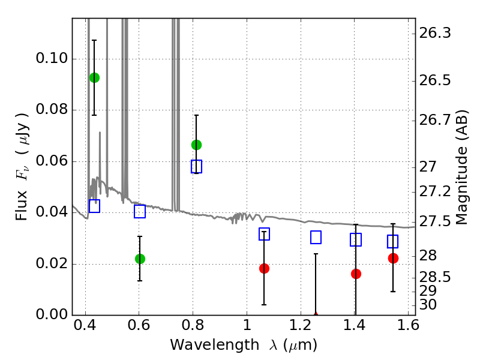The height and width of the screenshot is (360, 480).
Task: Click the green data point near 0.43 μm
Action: pyautogui.click(x=94, y=77)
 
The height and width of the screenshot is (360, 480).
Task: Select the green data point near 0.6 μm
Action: pyautogui.click(x=140, y=259)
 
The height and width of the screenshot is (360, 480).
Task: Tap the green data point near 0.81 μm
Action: pyautogui.click(x=196, y=145)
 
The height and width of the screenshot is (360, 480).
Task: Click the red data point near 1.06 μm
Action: pyautogui.click(x=264, y=268)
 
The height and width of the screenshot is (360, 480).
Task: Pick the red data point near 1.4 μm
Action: pyautogui.click(x=356, y=274)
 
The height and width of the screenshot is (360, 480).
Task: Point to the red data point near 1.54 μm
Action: pyautogui.click(x=393, y=258)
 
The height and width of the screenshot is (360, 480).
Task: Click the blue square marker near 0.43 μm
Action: pyautogui.click(x=94, y=206)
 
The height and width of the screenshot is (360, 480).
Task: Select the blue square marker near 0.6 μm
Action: pyautogui.click(x=140, y=211)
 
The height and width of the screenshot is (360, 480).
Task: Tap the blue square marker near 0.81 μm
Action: pyautogui.click(x=196, y=166)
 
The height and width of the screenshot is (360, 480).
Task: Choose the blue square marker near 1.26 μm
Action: pyautogui.click(x=316, y=237)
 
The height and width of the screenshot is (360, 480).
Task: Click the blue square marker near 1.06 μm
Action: pyautogui.click(x=264, y=234)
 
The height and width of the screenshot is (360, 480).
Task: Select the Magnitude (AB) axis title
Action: pyautogui.click(x=462, y=167)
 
